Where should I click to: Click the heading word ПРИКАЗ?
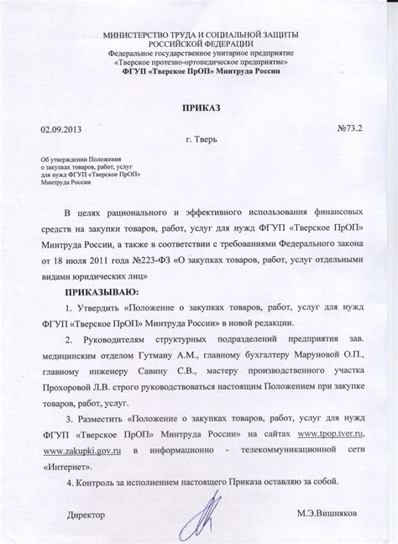click(198, 108)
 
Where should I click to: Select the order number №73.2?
click(349, 131)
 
